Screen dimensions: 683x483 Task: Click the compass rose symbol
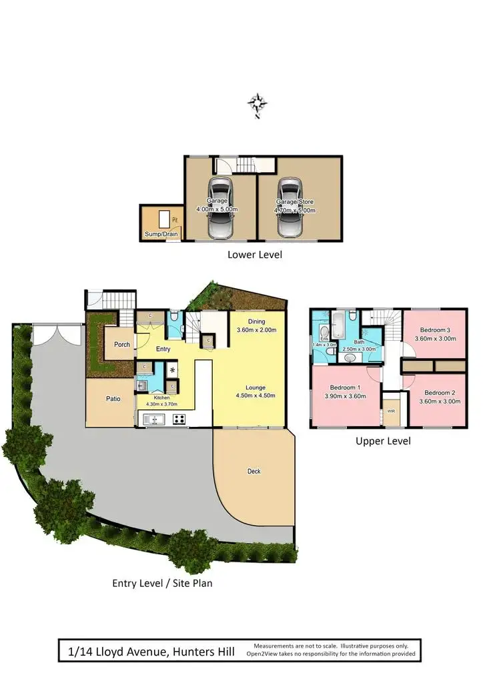coord(258,104)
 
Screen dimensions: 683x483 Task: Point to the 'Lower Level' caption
coord(254,254)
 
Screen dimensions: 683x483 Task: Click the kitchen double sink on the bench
coord(153,420)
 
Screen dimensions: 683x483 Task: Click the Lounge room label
coord(256,387)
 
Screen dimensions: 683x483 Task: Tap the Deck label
coord(254,471)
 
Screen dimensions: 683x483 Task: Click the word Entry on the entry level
coord(163,349)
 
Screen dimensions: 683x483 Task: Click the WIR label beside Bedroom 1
coord(391,412)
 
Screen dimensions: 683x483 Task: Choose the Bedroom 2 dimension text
coord(438,402)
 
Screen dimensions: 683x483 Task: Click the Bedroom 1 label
coord(346,388)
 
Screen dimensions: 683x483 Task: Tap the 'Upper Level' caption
coord(383,441)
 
